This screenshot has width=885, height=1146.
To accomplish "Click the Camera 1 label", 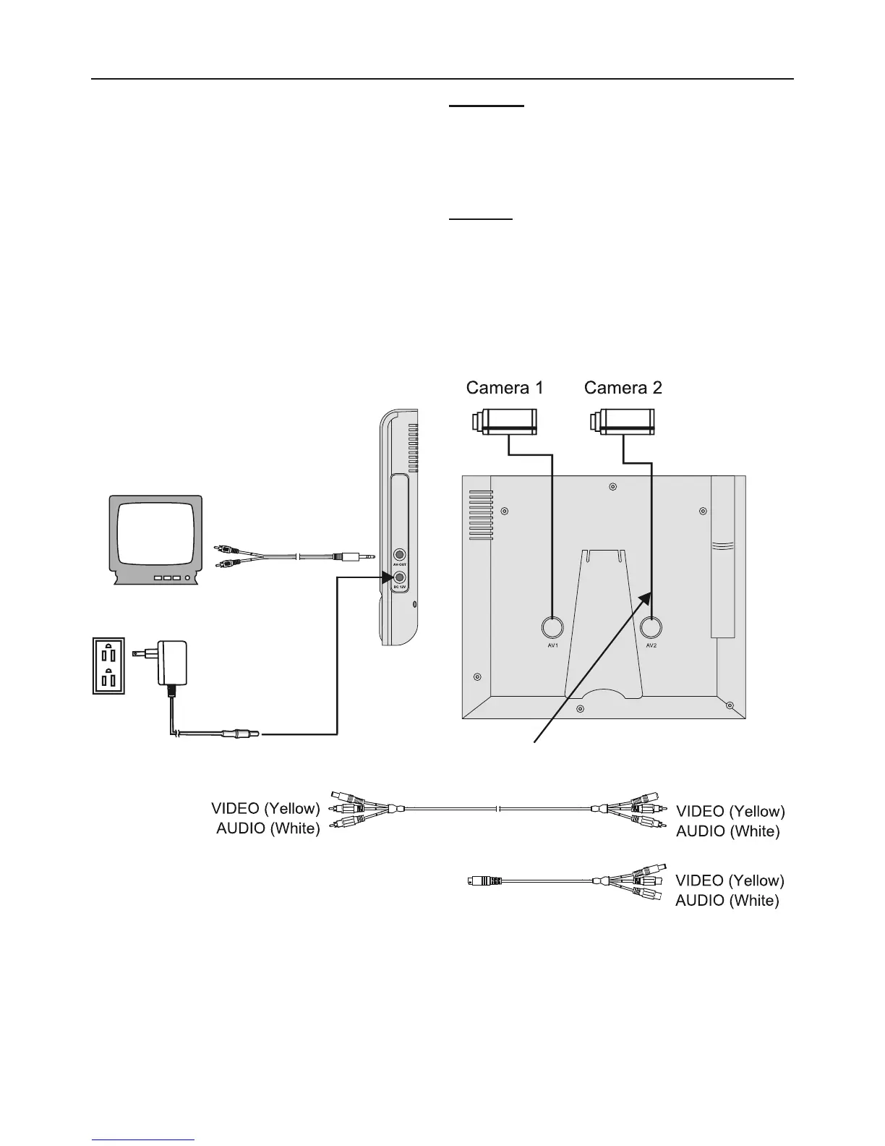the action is [504, 388].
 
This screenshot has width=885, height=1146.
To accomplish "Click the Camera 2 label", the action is [623, 388].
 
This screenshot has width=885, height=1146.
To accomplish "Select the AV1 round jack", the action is [552, 627].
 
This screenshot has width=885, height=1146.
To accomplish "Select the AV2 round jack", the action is [652, 627].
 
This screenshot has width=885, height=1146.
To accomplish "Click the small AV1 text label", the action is [552, 645].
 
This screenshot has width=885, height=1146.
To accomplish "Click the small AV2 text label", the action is [652, 645].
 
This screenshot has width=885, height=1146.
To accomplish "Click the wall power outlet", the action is [108, 666].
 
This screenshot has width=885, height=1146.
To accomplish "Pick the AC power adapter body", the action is [173, 663].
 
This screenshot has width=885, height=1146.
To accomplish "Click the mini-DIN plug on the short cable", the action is [484, 880].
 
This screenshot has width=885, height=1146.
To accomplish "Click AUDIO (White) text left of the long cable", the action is [268, 828].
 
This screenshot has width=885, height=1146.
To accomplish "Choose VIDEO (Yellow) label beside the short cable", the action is [729, 880].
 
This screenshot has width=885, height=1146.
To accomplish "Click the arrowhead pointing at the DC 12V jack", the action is [385, 577].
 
